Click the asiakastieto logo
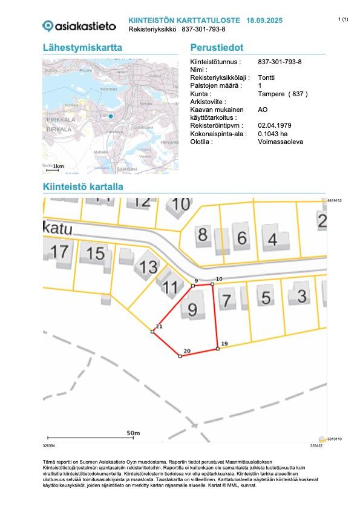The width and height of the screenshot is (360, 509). click(x=79, y=25)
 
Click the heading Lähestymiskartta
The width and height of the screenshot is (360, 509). click(x=83, y=48)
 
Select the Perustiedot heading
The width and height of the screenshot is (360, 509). click(x=217, y=48)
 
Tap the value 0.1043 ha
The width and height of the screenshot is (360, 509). click(x=273, y=134)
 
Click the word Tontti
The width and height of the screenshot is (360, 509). click(x=266, y=78)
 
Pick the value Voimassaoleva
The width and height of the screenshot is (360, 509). click(x=280, y=142)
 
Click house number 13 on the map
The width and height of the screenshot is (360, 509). click(x=148, y=267)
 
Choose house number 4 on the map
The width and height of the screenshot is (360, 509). click(x=273, y=240)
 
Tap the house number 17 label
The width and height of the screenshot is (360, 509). click(x=59, y=251)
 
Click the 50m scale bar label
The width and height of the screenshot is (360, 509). click(x=133, y=433)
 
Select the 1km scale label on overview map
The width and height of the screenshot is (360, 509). click(x=58, y=166)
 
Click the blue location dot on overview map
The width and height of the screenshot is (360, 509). click(x=111, y=116)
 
